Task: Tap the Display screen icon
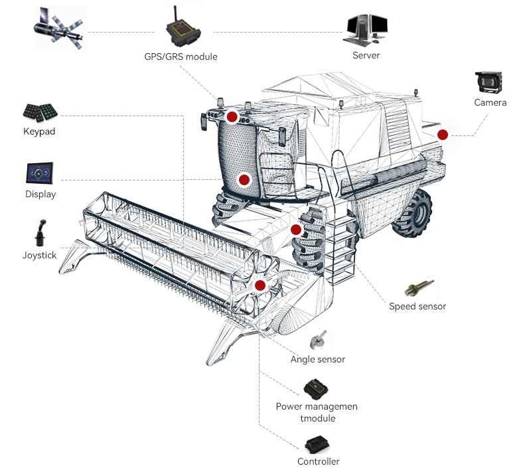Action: [x=40, y=174]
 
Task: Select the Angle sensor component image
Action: [x=318, y=341]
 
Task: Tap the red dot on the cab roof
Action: [x=232, y=117]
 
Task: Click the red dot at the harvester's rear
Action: [x=443, y=135]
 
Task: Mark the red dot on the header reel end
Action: [x=260, y=285]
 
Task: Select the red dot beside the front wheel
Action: [x=296, y=230]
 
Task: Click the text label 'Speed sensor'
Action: [x=417, y=307]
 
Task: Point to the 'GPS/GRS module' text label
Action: [x=181, y=56]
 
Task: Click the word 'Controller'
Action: [x=319, y=461]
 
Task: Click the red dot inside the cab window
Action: [x=244, y=179]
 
